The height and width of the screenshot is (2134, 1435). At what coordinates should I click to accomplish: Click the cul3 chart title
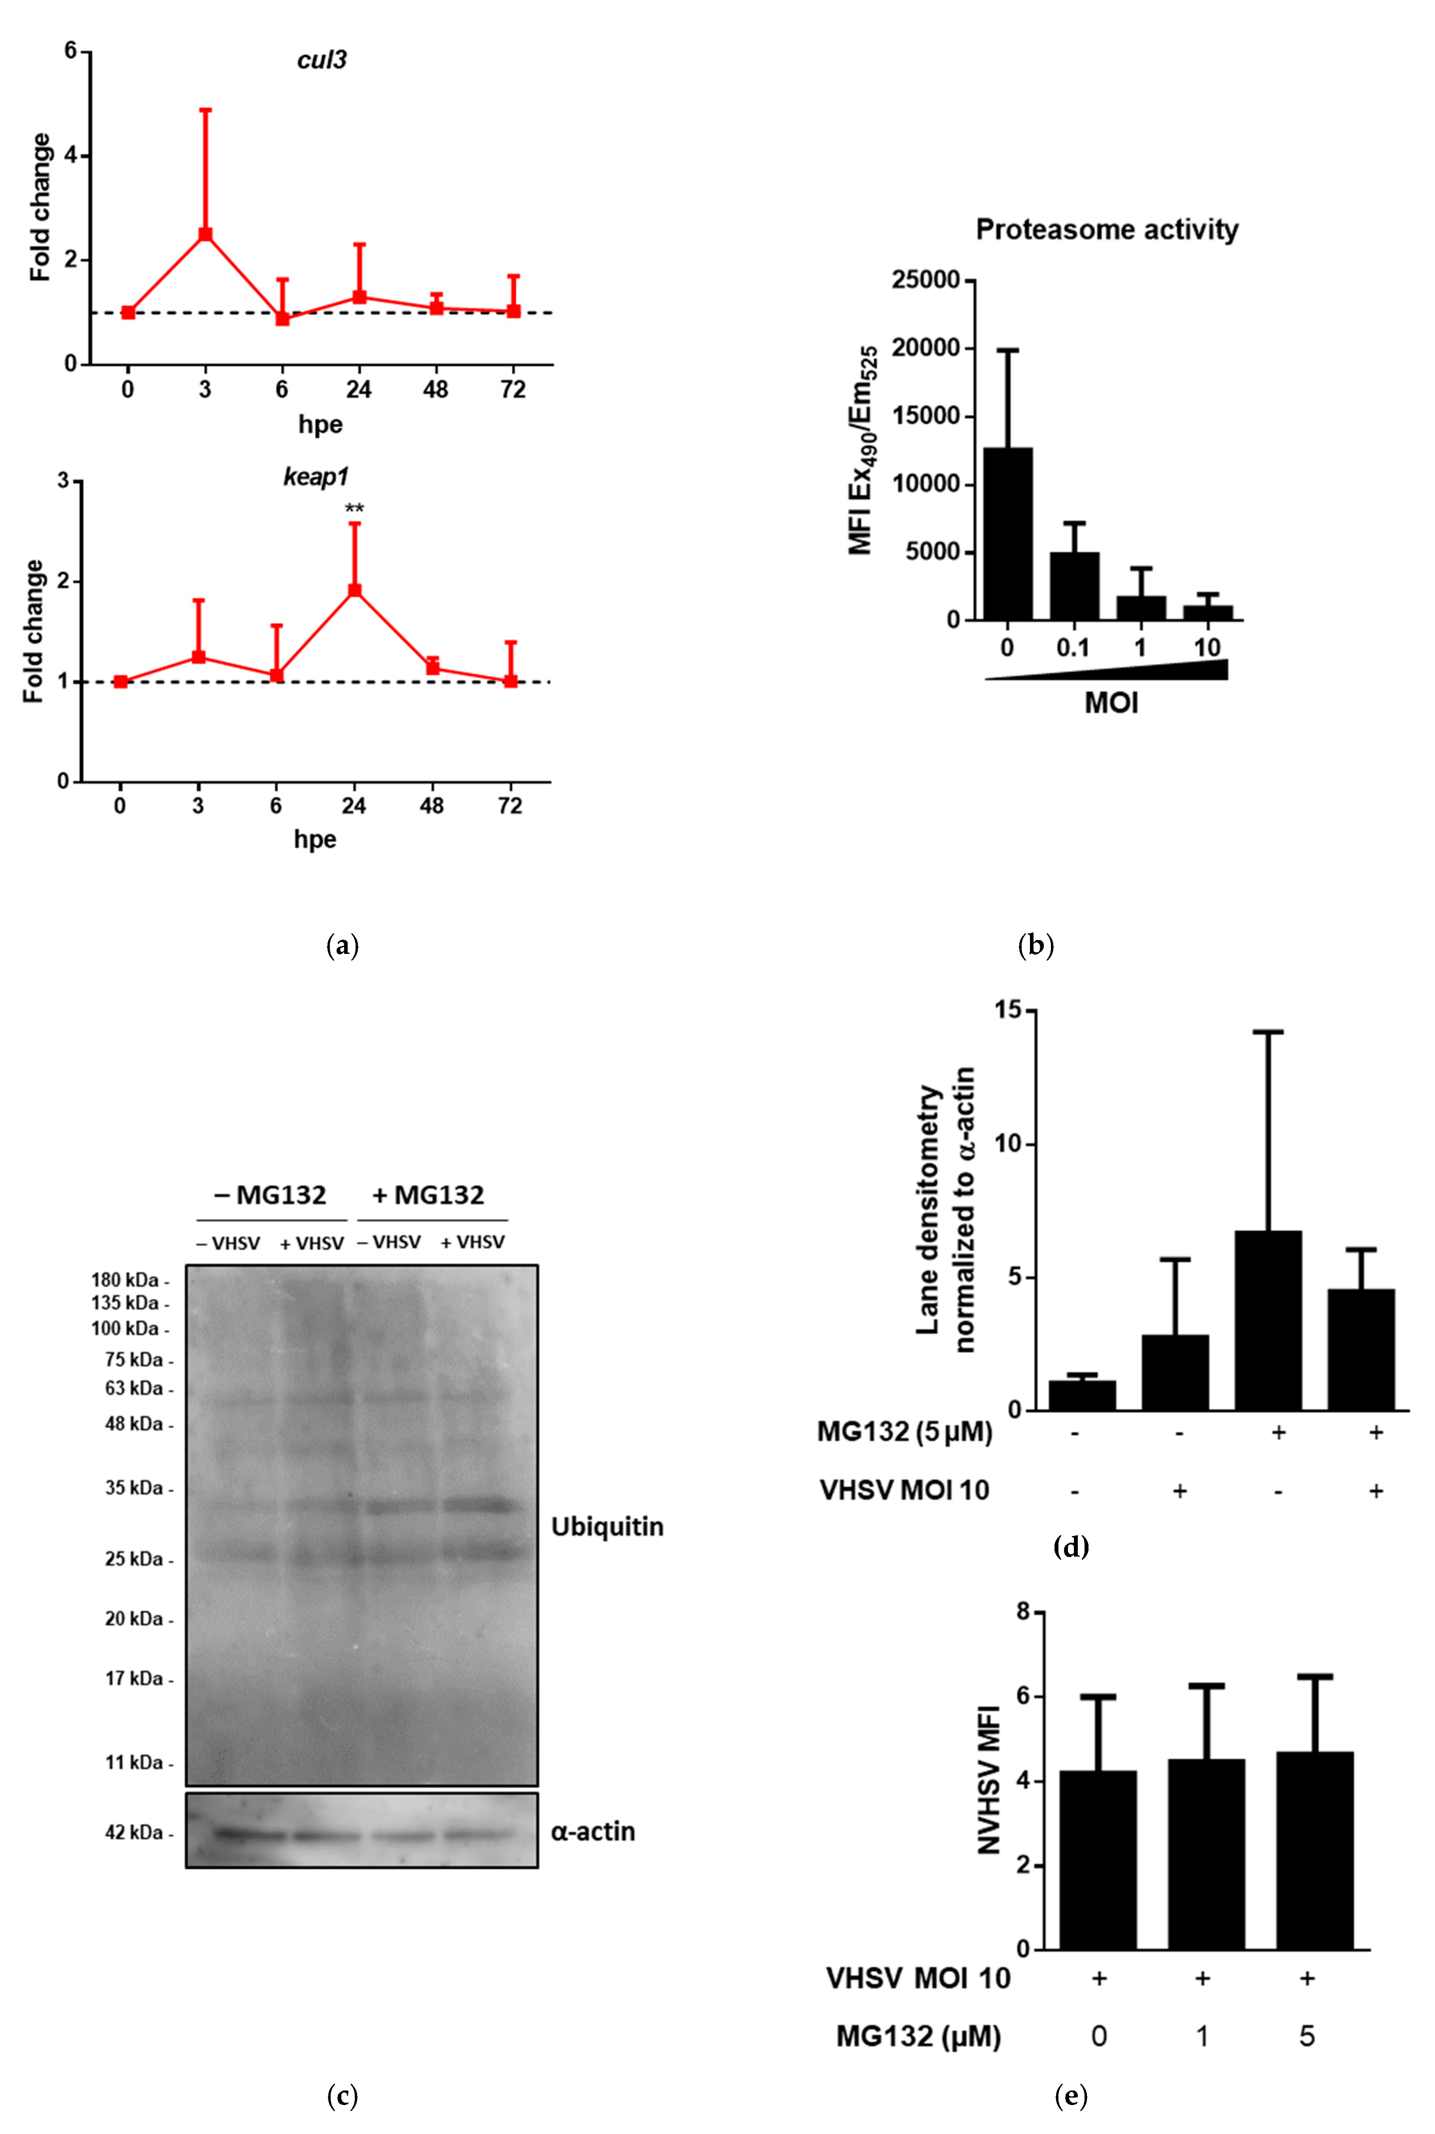tap(321, 61)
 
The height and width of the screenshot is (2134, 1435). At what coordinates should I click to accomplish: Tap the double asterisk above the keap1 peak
tap(354, 509)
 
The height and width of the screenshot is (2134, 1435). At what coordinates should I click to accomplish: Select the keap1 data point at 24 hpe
tap(354, 590)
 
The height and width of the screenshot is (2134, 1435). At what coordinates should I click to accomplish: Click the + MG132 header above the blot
tap(428, 1195)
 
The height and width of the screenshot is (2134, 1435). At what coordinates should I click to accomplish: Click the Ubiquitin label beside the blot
tap(607, 1527)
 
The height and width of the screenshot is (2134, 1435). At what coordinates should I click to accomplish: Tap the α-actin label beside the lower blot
tap(593, 1831)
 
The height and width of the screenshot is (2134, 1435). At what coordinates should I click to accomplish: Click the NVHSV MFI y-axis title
tap(990, 1778)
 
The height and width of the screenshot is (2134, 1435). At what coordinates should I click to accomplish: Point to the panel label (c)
tap(342, 2096)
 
